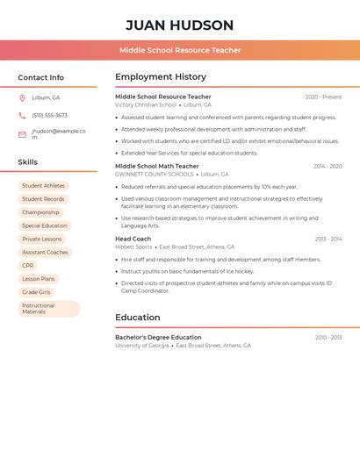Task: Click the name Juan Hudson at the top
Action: [180, 25]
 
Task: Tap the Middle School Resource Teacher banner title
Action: [180, 51]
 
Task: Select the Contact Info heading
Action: [40, 77]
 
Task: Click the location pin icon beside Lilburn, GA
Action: [22, 97]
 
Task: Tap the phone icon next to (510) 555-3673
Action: [22, 115]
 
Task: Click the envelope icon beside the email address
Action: [22, 134]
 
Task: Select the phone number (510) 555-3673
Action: [49, 115]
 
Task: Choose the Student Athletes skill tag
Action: [43, 186]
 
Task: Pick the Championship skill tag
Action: [40, 212]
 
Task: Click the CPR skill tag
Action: [28, 265]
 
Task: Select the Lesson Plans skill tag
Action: [38, 278]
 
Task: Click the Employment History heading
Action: [161, 77]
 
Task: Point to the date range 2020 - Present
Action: [323, 97]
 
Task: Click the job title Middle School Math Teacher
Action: [157, 166]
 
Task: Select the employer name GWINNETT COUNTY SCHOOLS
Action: [155, 175]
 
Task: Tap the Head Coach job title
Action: [133, 239]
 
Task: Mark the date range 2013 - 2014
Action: [328, 239]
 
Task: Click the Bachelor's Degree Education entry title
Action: [158, 337]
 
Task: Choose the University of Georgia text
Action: [141, 346]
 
